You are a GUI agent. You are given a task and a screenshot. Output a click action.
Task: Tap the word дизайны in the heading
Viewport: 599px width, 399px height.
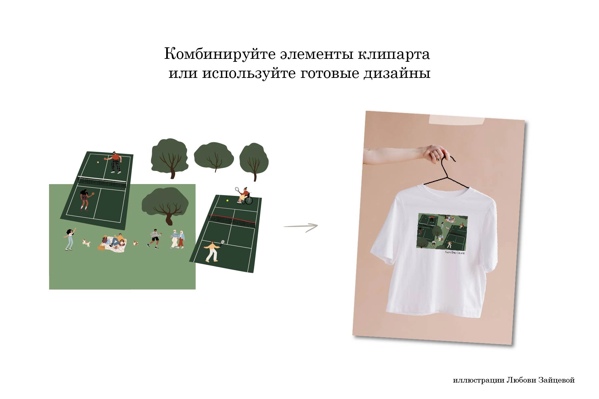pos(397,73)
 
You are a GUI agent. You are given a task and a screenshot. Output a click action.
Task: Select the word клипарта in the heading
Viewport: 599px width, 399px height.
pos(394,54)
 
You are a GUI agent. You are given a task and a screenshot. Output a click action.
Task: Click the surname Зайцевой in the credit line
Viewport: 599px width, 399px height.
pos(557,380)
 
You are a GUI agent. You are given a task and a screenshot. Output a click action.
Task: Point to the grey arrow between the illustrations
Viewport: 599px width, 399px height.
pos(301,226)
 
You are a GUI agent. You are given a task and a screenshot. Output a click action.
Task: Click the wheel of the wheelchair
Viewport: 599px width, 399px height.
pos(249,200)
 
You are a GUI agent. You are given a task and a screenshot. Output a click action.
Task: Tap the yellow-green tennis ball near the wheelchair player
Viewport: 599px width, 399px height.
pos(227,200)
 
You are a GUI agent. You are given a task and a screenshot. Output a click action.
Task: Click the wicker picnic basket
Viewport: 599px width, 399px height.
pos(101,247)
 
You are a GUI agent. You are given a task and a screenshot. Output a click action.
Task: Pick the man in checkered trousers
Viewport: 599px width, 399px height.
pos(115,162)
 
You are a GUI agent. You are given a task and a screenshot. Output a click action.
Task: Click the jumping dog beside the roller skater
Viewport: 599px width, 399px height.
pos(86,243)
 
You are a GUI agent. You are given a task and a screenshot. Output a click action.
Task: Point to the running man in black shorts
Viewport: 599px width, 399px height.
pos(154,238)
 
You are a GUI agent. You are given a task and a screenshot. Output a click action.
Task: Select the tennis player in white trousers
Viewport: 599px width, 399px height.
pos(212,251)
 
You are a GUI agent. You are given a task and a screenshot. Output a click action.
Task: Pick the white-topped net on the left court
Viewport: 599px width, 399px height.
pos(102,181)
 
